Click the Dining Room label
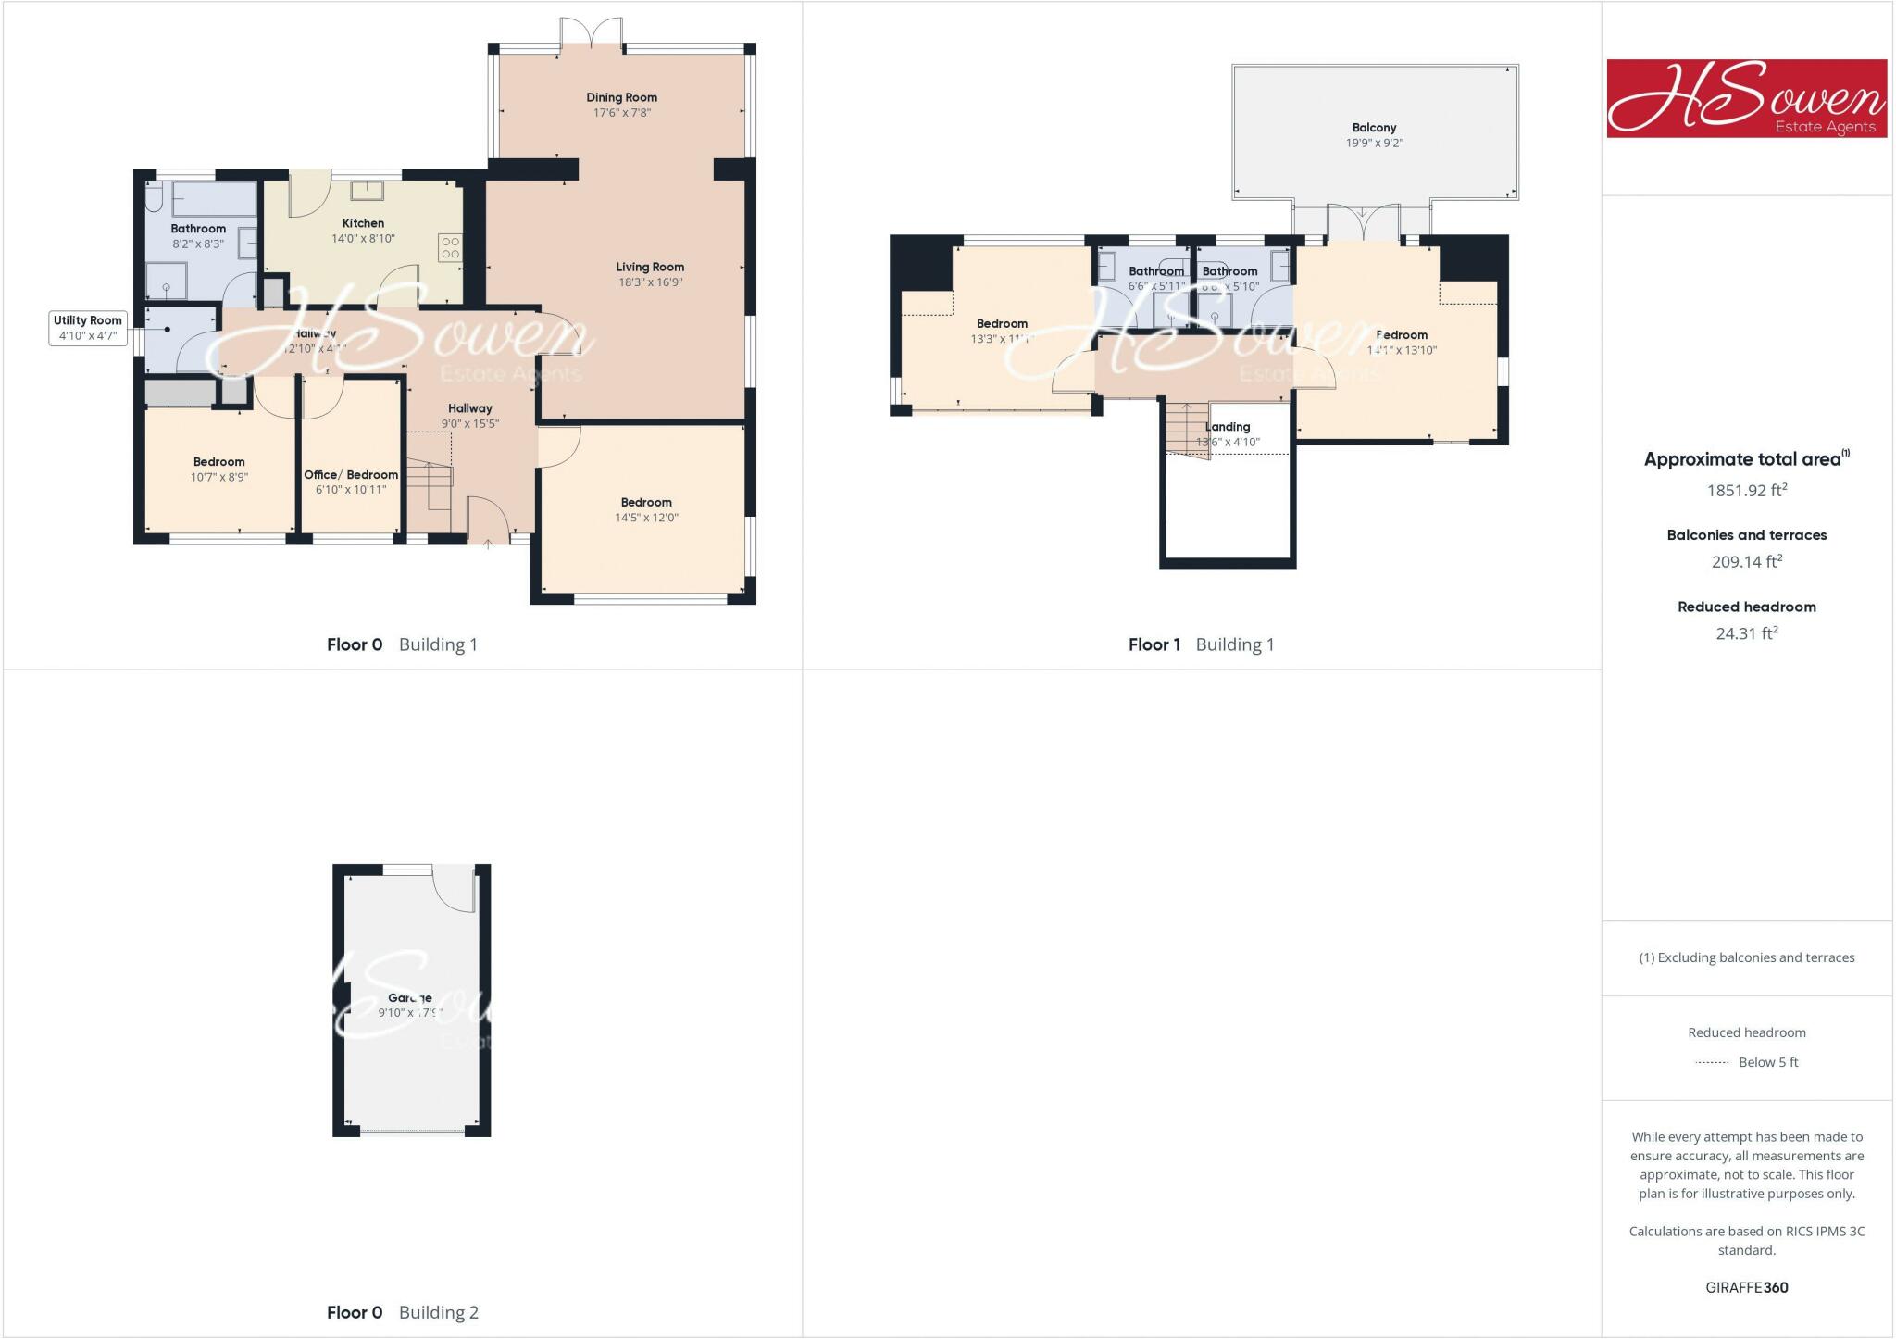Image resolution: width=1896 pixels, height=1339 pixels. tap(621, 97)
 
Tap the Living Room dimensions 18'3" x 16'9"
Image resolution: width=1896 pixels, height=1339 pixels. tap(650, 282)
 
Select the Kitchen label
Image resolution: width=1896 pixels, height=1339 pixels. tap(363, 223)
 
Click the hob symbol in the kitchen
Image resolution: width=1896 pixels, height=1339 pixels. tap(450, 247)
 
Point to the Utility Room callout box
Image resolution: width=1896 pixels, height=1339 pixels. tap(87, 328)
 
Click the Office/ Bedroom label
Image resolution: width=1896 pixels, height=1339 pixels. tap(351, 475)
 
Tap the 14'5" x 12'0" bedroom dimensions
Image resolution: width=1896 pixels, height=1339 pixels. tap(646, 518)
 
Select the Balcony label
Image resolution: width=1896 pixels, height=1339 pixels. tap(1374, 128)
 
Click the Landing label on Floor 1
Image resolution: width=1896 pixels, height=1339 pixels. tap(1228, 427)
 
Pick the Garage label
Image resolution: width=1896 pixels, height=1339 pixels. tap(410, 998)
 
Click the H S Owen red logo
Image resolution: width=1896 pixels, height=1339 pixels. tap(1746, 99)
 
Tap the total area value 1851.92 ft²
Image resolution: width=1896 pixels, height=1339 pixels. tap(1746, 491)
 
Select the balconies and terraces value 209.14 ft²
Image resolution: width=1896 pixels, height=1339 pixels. tap(1746, 562)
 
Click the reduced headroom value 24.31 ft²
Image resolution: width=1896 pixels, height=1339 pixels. tap(1746, 634)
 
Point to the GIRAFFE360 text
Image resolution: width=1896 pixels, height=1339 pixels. tap(1746, 1287)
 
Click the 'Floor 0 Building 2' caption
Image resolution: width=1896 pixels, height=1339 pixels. tap(403, 1312)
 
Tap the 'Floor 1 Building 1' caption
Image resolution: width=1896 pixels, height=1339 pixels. tap(1201, 644)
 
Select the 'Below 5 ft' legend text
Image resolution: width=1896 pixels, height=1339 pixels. tap(1767, 1062)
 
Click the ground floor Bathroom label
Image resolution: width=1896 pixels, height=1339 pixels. tap(198, 229)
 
